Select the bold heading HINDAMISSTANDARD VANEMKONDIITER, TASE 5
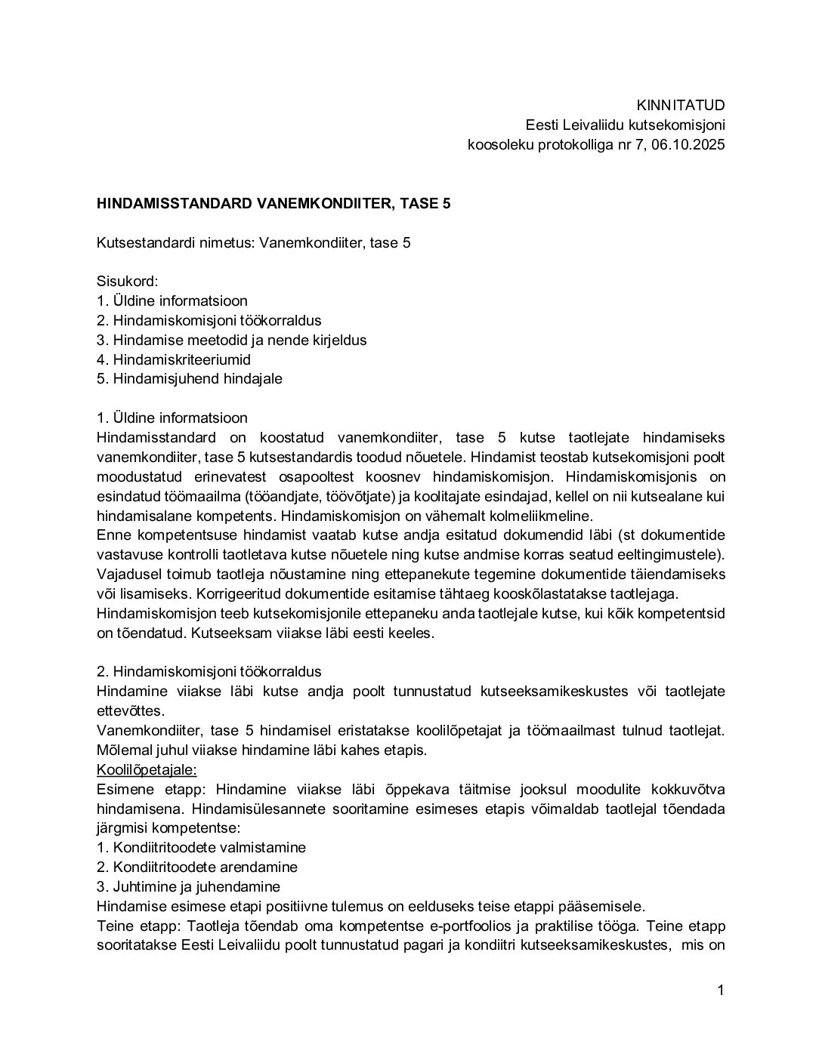click(x=273, y=203)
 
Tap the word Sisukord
click(x=127, y=281)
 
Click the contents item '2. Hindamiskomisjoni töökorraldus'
click(x=209, y=320)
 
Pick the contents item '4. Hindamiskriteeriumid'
click(x=174, y=359)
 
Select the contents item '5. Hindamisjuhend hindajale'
click(x=190, y=378)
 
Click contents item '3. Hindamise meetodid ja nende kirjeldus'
click(x=232, y=340)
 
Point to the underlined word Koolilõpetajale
click(x=147, y=769)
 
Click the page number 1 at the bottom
click(x=721, y=990)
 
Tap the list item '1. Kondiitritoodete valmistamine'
click(x=201, y=848)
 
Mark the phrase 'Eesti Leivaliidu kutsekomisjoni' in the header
click(x=626, y=125)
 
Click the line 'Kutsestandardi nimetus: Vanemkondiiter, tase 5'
click(x=254, y=242)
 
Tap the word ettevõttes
click(x=130, y=710)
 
